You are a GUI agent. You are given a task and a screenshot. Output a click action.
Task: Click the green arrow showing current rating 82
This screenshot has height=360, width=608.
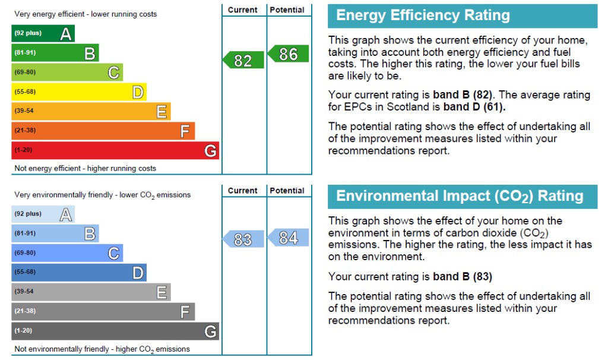pyautogui.click(x=243, y=60)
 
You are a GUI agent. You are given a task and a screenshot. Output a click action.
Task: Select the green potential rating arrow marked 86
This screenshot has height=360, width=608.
pyautogui.click(x=288, y=53)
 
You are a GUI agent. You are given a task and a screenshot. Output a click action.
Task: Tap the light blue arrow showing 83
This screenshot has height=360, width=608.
pyautogui.click(x=243, y=239)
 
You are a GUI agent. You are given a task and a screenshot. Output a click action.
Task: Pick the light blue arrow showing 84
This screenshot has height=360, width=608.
pyautogui.click(x=288, y=238)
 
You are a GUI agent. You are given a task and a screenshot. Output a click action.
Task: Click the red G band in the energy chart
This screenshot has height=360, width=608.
pyautogui.click(x=115, y=150)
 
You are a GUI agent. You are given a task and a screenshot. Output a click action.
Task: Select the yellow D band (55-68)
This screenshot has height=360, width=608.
pyautogui.click(x=79, y=92)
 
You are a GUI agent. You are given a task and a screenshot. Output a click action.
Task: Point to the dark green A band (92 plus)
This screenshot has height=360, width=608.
pyautogui.click(x=43, y=33)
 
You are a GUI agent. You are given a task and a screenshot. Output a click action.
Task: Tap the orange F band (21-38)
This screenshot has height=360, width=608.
pyautogui.click(x=103, y=131)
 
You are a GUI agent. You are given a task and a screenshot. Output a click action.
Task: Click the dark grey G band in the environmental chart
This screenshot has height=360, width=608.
pyautogui.click(x=115, y=331)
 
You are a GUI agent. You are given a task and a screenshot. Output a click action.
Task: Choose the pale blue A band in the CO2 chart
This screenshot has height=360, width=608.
pyautogui.click(x=43, y=214)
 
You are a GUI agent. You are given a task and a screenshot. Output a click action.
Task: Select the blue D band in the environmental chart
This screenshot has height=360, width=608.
pyautogui.click(x=79, y=273)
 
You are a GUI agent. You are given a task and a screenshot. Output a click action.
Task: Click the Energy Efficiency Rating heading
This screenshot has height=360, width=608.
pyautogui.click(x=423, y=15)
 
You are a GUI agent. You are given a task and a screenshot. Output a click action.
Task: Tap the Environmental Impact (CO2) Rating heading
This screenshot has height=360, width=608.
pyautogui.click(x=460, y=196)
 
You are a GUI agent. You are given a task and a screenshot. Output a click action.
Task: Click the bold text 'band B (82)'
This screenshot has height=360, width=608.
pyautogui.click(x=462, y=94)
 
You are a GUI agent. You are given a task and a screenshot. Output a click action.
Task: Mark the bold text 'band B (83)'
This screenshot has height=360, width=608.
pyautogui.click(x=462, y=277)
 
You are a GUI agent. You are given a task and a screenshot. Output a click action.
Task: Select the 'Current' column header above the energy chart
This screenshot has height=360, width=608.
pyautogui.click(x=242, y=10)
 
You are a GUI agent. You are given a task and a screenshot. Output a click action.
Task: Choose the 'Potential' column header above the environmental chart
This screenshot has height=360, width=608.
pyautogui.click(x=287, y=191)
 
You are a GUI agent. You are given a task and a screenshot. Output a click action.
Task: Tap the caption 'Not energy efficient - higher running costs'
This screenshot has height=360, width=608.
pyautogui.click(x=85, y=168)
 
